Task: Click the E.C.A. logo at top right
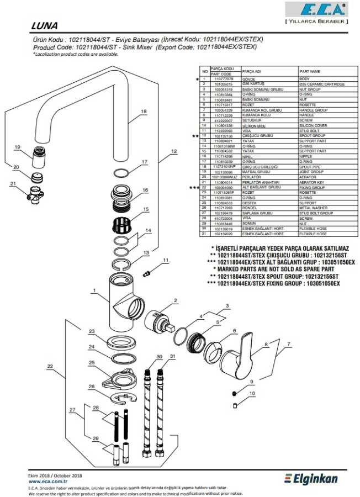pyautogui.click(x=316, y=10)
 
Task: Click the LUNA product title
pyautogui.click(x=45, y=26)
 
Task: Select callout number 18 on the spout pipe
pyautogui.click(x=144, y=111)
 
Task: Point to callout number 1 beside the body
pyautogui.click(x=94, y=290)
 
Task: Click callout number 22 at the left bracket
pyautogui.click(x=50, y=366)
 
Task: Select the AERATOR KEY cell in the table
pyautogui.click(x=311, y=182)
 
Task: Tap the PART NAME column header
pyautogui.click(x=310, y=72)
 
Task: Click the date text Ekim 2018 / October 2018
pyautogui.click(x=55, y=475)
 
